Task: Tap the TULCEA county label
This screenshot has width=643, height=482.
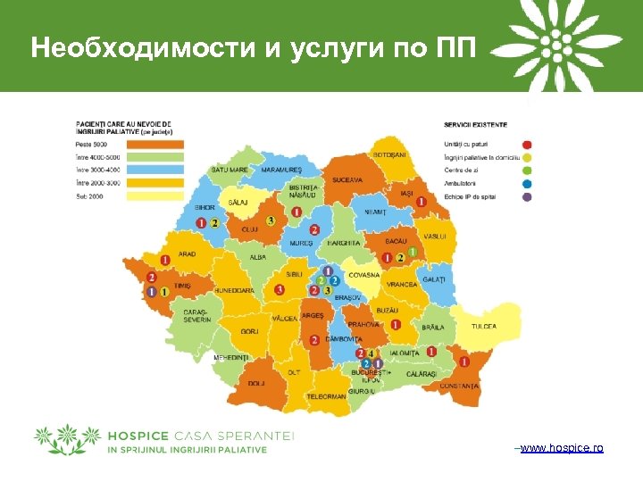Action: click(484, 327)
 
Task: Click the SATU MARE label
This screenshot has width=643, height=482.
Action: click(230, 170)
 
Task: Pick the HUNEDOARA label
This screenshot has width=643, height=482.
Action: click(234, 290)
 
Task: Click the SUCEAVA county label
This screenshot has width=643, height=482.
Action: click(347, 180)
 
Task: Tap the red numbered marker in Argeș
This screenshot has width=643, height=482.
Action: click(314, 340)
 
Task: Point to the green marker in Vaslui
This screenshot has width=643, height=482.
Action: click(413, 253)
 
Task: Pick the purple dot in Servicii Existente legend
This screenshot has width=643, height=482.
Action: click(527, 195)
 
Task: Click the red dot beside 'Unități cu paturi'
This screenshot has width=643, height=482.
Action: click(527, 144)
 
